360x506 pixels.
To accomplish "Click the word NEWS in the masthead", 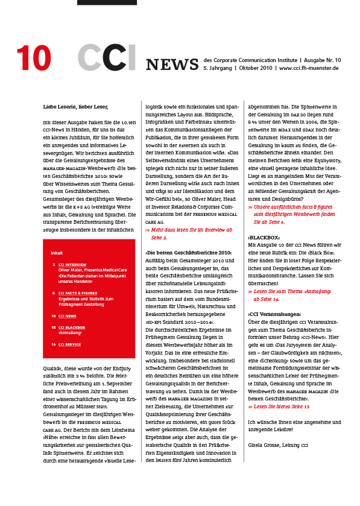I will pos(172,64).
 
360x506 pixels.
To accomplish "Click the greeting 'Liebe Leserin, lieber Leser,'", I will pos(75,106).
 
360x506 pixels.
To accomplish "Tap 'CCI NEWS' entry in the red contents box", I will pos(68,315).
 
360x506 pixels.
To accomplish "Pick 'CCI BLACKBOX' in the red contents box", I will pos(72,327).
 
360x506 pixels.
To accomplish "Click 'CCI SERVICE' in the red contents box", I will pos(71,344).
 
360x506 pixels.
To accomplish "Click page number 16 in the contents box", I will pos(54,344).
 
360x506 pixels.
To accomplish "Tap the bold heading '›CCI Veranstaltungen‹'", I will pos(274,315).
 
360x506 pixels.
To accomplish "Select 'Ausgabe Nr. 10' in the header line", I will pos(321,60).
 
